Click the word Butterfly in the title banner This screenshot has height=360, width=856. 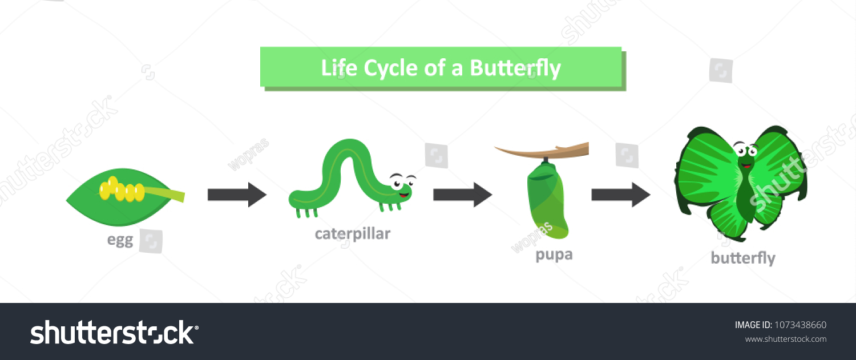pos(515,68)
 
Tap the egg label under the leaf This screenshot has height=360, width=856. pos(120,240)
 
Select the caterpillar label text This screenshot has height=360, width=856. pos(353,234)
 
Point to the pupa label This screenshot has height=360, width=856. pos(554,254)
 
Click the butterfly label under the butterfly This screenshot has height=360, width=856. pos(742,258)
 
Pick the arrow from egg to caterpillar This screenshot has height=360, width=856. pos(236,195)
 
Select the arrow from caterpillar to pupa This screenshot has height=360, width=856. pos(462,195)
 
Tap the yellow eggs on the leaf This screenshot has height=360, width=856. pos(122,190)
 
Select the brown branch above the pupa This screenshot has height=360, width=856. pos(542,152)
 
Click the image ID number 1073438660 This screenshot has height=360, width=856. pos(800,325)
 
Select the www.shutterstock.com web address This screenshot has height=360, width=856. pos(785,339)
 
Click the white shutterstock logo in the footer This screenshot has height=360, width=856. pos(114,332)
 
